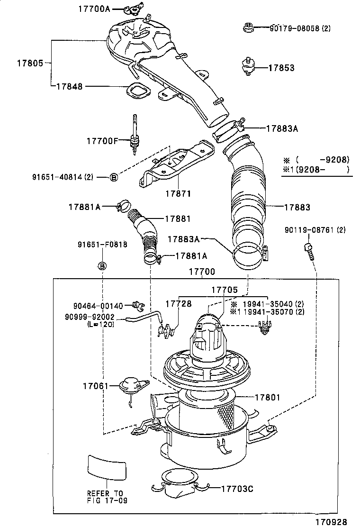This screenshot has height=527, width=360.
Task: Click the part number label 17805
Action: coord(31,63)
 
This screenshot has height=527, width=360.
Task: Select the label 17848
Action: coord(69,86)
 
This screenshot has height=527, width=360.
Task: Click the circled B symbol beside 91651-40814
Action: coord(113,177)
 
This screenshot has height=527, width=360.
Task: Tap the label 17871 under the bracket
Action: coord(178,194)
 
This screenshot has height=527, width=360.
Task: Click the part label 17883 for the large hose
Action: coord(297,207)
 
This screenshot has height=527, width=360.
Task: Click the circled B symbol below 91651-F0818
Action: coord(102,266)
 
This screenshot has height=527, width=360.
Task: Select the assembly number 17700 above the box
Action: coord(202,272)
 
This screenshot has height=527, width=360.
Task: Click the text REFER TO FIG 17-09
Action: coord(107,497)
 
